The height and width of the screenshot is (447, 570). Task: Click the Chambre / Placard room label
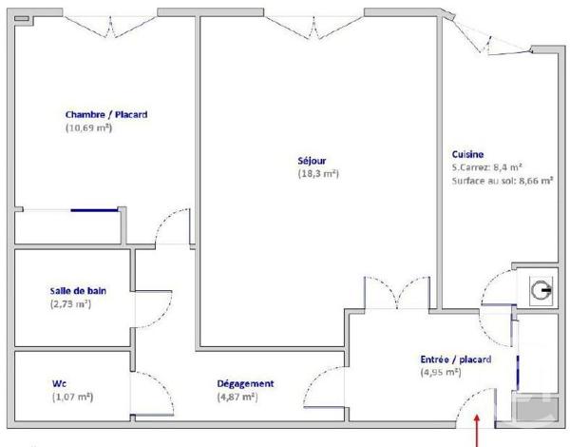click(106, 114)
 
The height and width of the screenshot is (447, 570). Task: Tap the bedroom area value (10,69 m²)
click(89, 127)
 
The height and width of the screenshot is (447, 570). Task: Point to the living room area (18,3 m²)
click(318, 174)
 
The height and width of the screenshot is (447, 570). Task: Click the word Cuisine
click(468, 154)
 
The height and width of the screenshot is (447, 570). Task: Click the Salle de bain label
click(77, 290)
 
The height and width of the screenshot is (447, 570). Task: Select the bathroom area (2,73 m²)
click(70, 303)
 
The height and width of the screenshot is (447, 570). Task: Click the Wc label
click(59, 383)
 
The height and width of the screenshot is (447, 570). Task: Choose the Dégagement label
click(246, 383)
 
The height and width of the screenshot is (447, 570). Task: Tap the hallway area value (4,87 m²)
click(237, 397)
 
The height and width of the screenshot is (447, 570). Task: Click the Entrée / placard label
click(455, 360)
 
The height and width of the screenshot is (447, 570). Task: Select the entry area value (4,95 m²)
click(441, 373)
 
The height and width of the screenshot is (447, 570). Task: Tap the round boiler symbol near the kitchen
click(541, 292)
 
